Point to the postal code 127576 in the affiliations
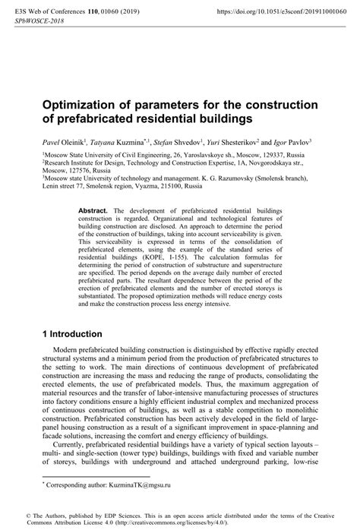(x=79, y=171)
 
